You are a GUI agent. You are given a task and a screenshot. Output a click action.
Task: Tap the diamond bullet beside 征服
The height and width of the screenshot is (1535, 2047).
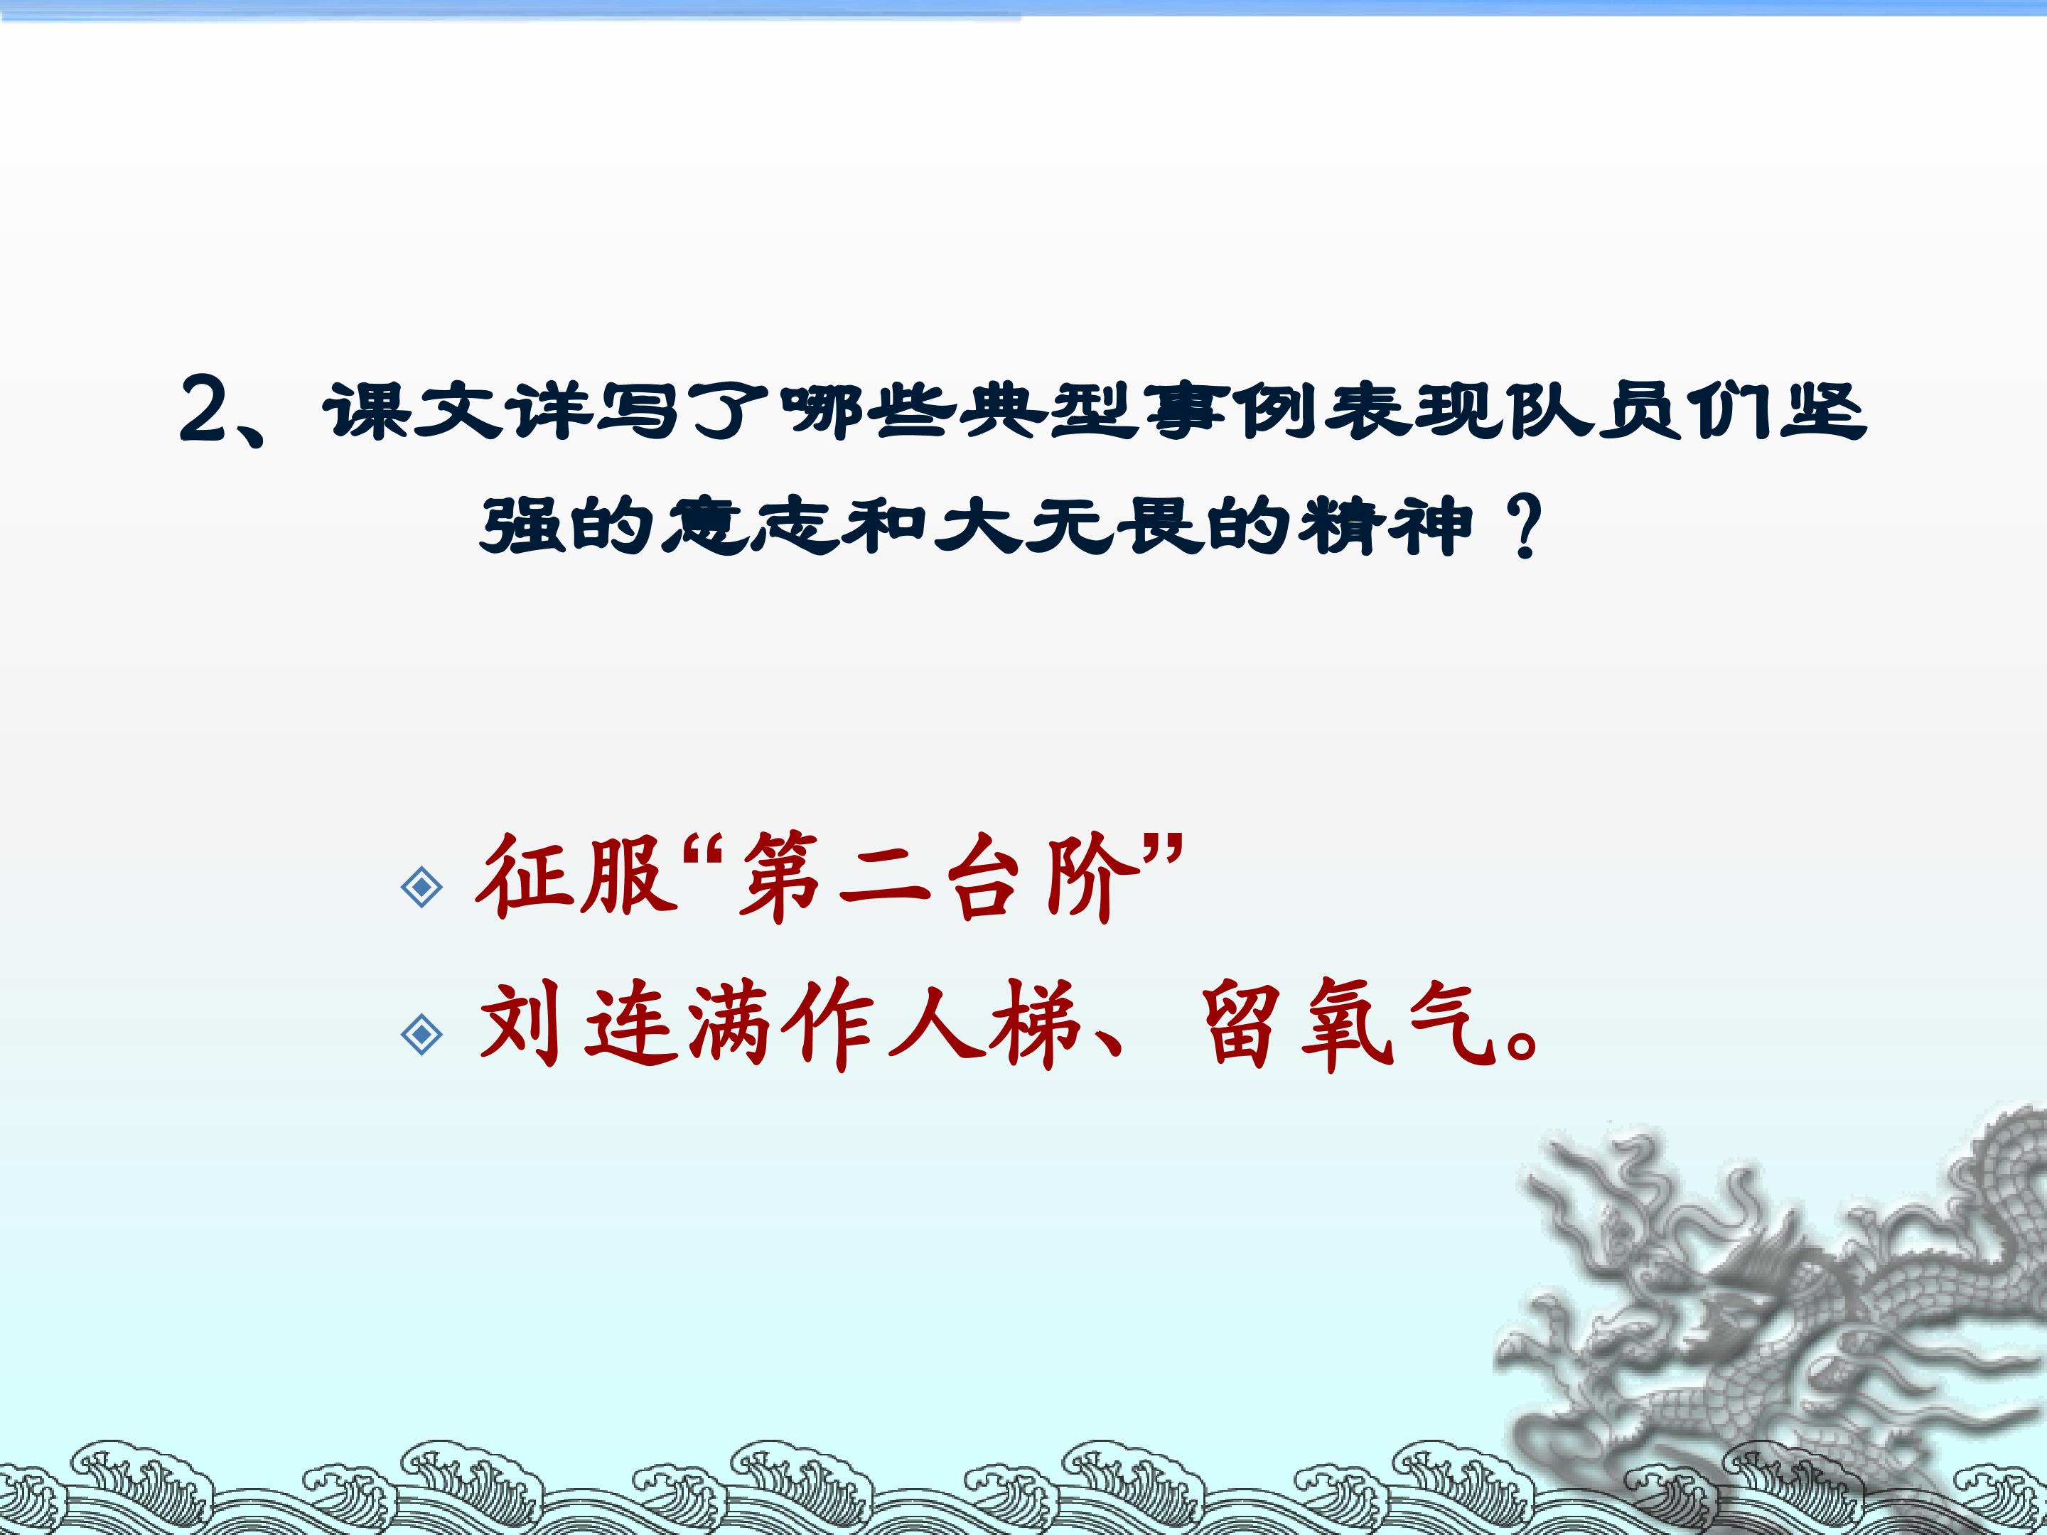pos(422,888)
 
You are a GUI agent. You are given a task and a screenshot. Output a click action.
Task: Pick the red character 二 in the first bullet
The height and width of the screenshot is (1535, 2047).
pos(883,879)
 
